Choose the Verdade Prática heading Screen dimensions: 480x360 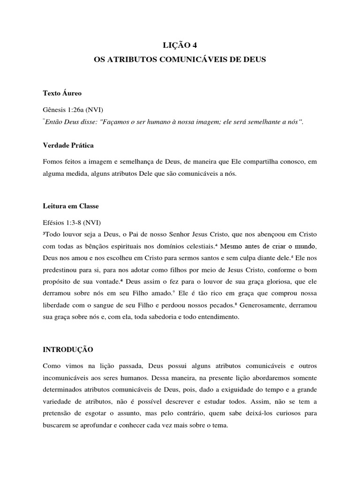point(68,145)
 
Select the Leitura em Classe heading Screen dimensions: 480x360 point(71,206)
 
